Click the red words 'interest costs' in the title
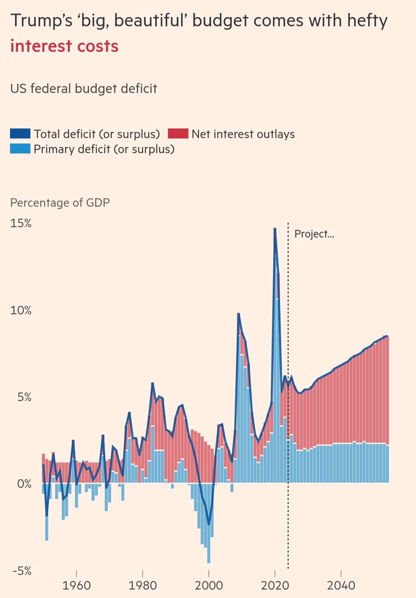click(64, 46)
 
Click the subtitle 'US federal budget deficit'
click(84, 89)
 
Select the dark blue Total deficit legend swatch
click(20, 134)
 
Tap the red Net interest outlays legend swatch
click(178, 134)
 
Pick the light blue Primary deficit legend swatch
click(20, 149)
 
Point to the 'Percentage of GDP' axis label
click(60, 203)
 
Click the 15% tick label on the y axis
click(21, 223)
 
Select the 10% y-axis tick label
click(21, 310)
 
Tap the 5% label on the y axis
click(24, 397)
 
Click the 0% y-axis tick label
click(24, 484)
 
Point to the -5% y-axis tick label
click(22, 571)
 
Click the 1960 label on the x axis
click(76, 586)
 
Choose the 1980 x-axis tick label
click(143, 586)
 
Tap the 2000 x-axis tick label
click(209, 586)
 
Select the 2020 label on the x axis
click(275, 586)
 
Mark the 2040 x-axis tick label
click(341, 586)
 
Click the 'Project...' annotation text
click(314, 234)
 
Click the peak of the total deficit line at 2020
click(275, 229)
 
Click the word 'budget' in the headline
click(220, 21)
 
